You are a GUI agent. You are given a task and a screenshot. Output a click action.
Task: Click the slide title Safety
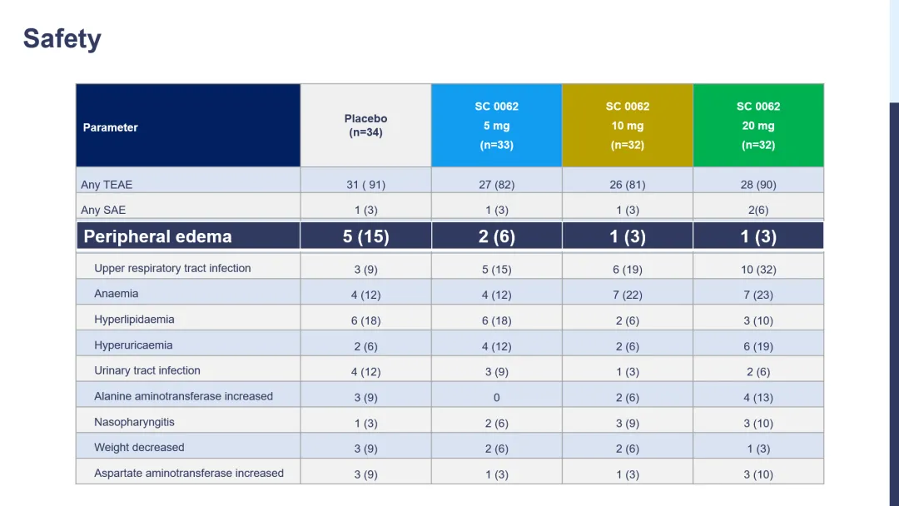click(x=62, y=39)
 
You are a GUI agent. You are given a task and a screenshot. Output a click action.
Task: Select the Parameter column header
click(x=111, y=127)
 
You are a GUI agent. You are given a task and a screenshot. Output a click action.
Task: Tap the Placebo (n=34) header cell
click(x=365, y=126)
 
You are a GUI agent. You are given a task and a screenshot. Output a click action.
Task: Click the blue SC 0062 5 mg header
click(x=496, y=126)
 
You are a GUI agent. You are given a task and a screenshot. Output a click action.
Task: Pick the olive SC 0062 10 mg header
click(x=627, y=126)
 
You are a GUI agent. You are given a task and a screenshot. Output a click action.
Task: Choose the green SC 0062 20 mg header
click(x=757, y=126)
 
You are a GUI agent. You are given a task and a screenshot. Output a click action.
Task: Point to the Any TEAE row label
click(x=107, y=185)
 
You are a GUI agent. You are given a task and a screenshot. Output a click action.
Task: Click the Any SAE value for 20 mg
click(x=757, y=211)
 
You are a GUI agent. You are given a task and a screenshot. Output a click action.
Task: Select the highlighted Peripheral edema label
click(x=157, y=236)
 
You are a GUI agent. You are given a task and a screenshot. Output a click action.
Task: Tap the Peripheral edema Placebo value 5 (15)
click(x=365, y=236)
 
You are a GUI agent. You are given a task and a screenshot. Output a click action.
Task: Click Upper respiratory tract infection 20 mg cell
click(x=757, y=270)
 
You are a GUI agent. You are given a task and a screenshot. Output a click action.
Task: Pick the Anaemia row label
click(x=117, y=294)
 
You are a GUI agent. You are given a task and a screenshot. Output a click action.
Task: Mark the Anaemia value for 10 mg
click(x=627, y=295)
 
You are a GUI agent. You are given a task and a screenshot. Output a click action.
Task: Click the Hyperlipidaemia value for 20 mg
click(x=757, y=320)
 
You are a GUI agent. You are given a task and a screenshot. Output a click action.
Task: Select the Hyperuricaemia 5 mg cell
click(x=496, y=346)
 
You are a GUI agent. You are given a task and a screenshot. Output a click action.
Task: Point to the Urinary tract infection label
click(x=147, y=370)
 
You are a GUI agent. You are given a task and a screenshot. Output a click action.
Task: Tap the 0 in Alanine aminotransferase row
click(x=496, y=398)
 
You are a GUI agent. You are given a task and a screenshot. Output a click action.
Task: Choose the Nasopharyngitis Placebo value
click(x=365, y=424)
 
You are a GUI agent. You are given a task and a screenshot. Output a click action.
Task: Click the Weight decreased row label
click(x=139, y=447)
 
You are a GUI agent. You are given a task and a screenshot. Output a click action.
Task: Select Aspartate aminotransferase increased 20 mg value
click(x=757, y=474)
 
